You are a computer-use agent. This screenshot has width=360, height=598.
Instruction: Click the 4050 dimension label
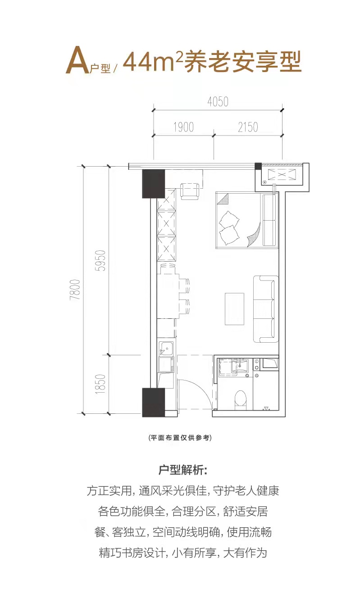[x=218, y=102]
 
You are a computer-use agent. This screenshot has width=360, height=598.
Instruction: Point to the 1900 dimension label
[x=183, y=127]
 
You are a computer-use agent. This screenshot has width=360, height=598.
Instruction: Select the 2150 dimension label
[x=248, y=127]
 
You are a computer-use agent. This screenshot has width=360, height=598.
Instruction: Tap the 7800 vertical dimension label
[x=75, y=290]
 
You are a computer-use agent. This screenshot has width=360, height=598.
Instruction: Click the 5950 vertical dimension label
[x=100, y=261]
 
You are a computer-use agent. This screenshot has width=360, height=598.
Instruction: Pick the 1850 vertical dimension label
[x=100, y=385]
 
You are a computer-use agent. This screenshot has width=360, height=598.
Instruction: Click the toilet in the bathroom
[x=240, y=400]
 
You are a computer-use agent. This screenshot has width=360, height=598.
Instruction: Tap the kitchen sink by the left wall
[x=166, y=348]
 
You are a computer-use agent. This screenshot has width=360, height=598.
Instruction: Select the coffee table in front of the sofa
[x=234, y=309]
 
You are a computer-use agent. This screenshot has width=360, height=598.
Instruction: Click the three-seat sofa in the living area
[x=266, y=309]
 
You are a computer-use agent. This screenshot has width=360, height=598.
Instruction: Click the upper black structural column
[x=153, y=184]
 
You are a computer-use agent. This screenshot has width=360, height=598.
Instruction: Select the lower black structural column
[x=153, y=402]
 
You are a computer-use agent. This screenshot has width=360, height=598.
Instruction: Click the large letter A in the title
[x=77, y=60]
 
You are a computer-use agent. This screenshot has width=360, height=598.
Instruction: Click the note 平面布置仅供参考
[x=180, y=438]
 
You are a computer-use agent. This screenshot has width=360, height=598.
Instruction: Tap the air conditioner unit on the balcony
[x=282, y=175]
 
